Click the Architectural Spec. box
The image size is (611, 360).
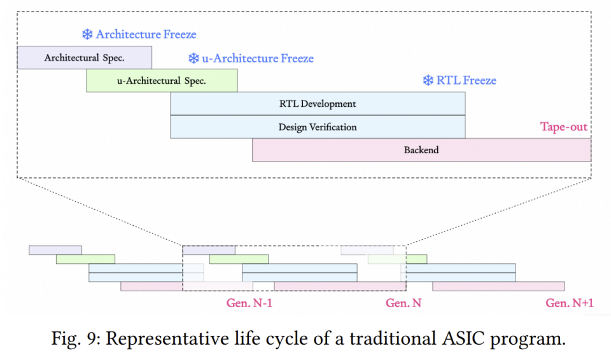85,58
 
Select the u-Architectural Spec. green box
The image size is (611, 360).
162,81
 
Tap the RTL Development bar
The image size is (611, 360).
318,104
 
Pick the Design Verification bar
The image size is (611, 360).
318,127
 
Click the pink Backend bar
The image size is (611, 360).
421,150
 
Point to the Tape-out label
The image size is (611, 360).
563,127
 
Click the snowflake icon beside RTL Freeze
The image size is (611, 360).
428,80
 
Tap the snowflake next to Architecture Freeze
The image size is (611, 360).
87,34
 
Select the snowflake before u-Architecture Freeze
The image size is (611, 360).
193,59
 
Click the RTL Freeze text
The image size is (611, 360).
466,80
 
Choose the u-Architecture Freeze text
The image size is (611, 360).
258,59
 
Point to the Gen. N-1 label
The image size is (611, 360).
249,303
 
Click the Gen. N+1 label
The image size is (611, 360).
569,303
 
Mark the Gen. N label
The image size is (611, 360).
404,303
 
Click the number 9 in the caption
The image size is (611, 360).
91,338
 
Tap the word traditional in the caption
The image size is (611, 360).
393,338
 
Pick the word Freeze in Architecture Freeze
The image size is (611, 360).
179,34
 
